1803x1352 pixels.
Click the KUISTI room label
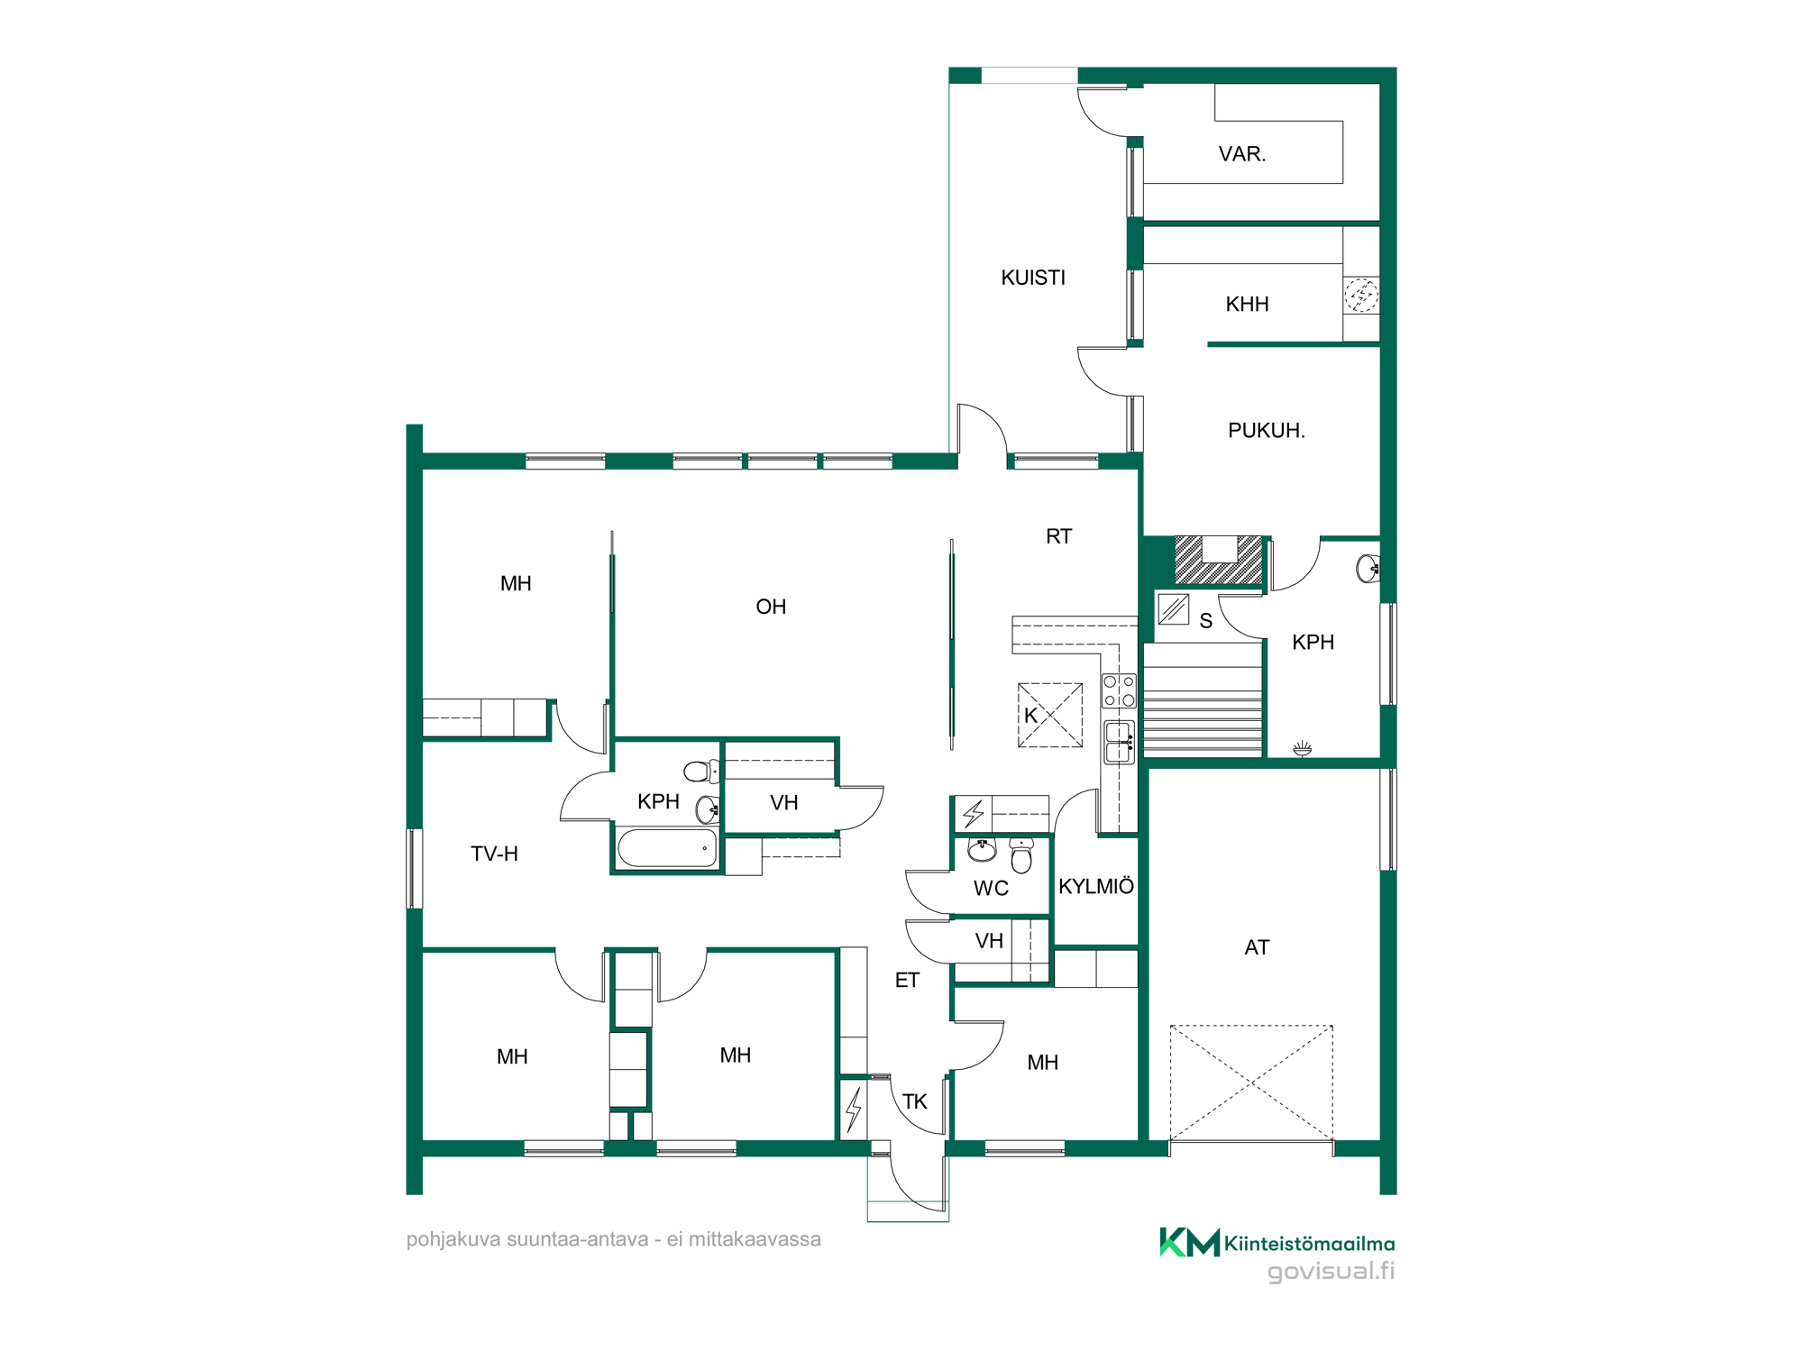click(1033, 278)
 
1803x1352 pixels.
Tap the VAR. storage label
click(1242, 154)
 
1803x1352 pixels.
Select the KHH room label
click(1247, 305)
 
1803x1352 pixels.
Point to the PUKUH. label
click(1267, 431)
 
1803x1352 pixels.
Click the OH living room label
click(771, 607)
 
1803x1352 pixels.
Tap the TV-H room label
click(494, 854)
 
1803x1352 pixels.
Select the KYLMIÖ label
click(1096, 886)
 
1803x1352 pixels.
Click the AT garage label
click(1257, 947)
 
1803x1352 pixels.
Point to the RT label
click(1058, 536)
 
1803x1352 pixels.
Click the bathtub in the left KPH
click(667, 848)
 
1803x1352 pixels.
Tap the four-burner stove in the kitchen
click(1119, 690)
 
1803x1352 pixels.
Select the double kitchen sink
click(1119, 743)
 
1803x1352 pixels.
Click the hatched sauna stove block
click(1219, 560)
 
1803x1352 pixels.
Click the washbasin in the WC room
click(982, 849)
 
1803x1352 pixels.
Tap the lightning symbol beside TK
click(853, 1109)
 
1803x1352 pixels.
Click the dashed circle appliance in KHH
click(1361, 294)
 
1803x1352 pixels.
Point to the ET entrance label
click(907, 981)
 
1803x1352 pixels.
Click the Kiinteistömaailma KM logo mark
click(1189, 1242)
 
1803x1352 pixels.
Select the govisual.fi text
click(1331, 1271)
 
